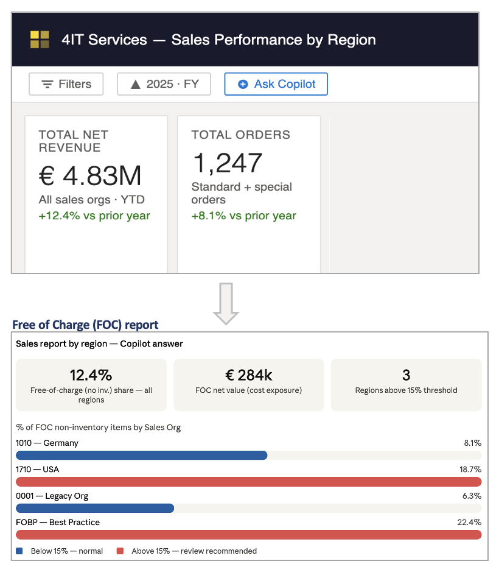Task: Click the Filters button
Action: [66, 84]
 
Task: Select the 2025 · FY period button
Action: [164, 84]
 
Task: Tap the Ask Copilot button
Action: [276, 84]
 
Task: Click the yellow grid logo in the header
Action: [40, 40]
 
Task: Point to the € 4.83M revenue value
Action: [90, 176]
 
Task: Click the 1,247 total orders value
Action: [227, 163]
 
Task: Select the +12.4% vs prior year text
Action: [94, 216]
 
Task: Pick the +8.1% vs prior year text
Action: [244, 216]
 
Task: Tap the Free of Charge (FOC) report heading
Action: [85, 325]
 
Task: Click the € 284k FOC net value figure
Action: [248, 375]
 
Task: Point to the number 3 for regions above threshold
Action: [406, 375]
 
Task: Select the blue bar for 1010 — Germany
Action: [141, 455]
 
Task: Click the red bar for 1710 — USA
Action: [248, 482]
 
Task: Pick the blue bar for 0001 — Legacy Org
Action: [94, 508]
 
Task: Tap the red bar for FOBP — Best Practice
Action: [248, 535]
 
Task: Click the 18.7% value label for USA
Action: [470, 470]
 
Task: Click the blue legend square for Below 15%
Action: [19, 551]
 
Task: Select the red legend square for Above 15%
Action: [120, 551]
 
